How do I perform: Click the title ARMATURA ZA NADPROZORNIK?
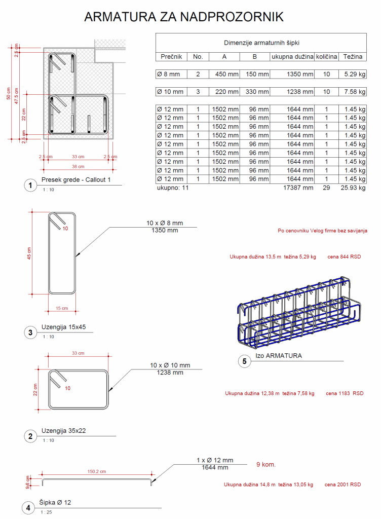pos(184,17)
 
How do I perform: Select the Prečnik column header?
pos(171,57)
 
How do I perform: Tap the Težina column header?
pos(353,57)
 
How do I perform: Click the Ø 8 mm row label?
pos(168,74)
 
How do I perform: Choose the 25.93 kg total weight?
pos(353,188)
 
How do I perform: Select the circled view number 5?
pos(245,361)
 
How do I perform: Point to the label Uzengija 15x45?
pos(64,327)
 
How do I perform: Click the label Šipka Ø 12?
pos(56,502)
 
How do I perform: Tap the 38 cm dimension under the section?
pos(78,166)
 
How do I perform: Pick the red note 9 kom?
pos(266,464)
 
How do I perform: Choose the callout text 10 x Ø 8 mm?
pos(165,223)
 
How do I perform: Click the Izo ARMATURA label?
pos(278,356)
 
